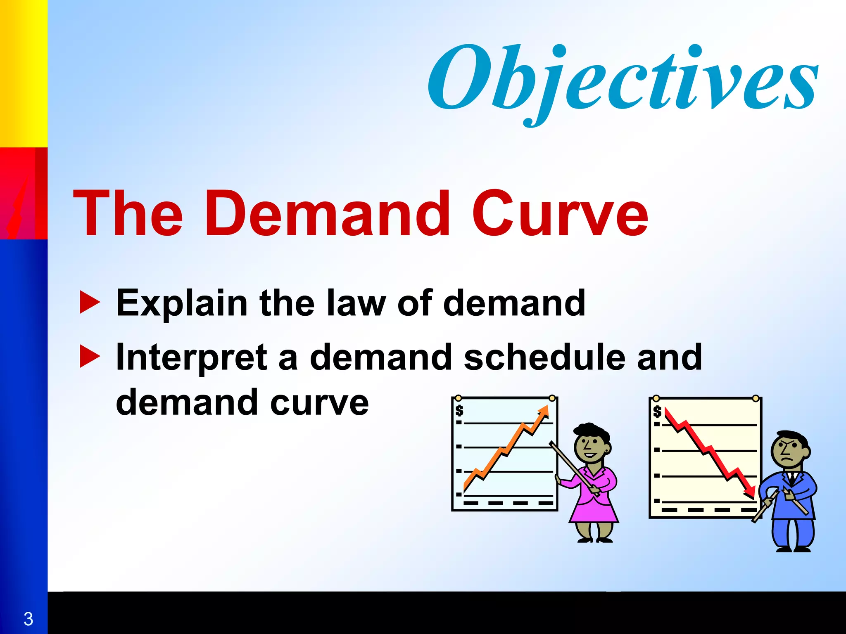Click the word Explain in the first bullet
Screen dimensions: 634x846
(182, 304)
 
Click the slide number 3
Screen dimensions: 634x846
(28, 619)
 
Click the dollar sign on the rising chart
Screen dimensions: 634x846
(459, 411)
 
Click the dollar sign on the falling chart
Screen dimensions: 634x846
(657, 412)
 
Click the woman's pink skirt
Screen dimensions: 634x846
(593, 510)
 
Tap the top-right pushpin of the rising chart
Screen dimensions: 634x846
(552, 398)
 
